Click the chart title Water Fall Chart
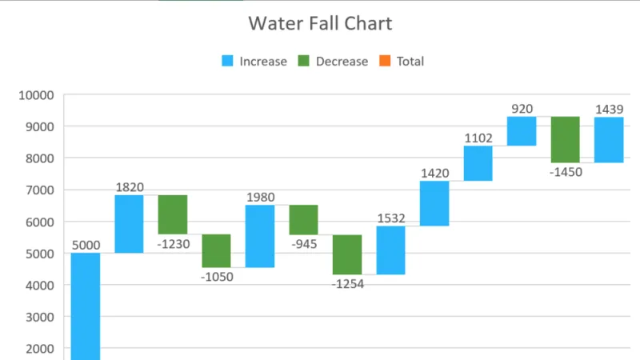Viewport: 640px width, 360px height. [x=320, y=23]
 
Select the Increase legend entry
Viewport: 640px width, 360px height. [x=254, y=62]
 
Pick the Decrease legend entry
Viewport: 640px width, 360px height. [x=333, y=62]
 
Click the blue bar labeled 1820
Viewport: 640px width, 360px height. [x=129, y=224]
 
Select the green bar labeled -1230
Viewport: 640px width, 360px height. [x=173, y=214]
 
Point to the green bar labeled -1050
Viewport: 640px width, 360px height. [x=216, y=250]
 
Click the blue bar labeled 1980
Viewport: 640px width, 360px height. [x=260, y=236]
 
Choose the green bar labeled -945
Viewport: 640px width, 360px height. [x=304, y=220]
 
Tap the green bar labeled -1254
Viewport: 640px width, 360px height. [x=347, y=254]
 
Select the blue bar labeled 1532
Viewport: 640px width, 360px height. [x=391, y=250]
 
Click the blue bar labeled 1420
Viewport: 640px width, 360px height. [x=434, y=203]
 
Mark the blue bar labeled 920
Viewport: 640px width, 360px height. [x=522, y=131]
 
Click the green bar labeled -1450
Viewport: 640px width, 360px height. [x=566, y=140]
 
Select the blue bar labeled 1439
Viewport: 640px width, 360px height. [x=609, y=140]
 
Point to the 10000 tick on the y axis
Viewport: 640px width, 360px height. [x=36, y=95]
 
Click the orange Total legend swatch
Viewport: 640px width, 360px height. [x=383, y=62]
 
